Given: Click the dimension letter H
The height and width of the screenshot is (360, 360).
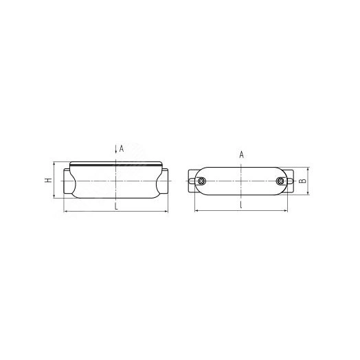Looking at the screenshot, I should tap(47, 181).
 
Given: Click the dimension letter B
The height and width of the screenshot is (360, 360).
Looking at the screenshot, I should tap(313, 182).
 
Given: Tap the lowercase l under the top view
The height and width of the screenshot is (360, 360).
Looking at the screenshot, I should tap(242, 205).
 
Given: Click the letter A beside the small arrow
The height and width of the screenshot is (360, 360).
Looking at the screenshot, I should tap(121, 148).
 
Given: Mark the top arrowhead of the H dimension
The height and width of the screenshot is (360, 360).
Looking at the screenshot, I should tap(54, 165).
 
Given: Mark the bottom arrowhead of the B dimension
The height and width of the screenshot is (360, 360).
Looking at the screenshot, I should tap(307, 195).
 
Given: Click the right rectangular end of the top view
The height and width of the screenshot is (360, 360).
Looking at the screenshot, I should tap(292, 181).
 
